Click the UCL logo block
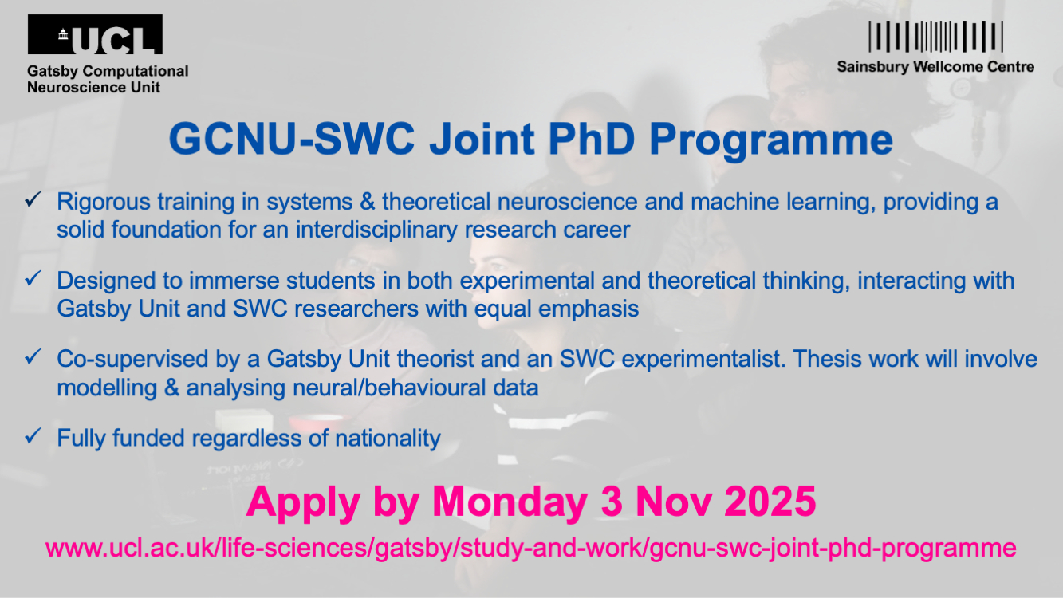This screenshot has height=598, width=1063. click(x=95, y=34)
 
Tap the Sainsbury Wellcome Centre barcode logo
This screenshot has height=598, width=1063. click(x=935, y=36)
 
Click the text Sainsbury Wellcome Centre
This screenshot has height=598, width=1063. click(x=935, y=67)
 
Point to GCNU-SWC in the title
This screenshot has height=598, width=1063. click(x=292, y=139)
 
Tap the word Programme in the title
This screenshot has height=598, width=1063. click(x=770, y=141)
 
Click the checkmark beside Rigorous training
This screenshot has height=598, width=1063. click(x=33, y=200)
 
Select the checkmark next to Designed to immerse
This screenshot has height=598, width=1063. click(x=33, y=278)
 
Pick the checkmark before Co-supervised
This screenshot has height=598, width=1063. click(x=33, y=357)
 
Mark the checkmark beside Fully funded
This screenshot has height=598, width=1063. click(x=33, y=435)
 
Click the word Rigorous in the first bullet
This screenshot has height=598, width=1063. click(x=104, y=203)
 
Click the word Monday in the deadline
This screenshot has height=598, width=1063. click(x=510, y=503)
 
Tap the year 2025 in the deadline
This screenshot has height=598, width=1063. click(x=770, y=502)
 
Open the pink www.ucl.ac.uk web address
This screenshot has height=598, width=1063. click(x=531, y=549)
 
